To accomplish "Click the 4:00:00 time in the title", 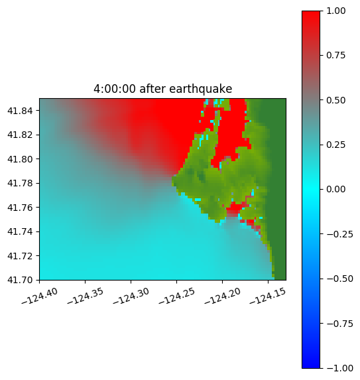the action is [x=115, y=89].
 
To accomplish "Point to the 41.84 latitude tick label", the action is [x=20, y=111].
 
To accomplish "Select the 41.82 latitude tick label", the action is [x=20, y=135].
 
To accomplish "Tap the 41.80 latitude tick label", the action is [x=20, y=159].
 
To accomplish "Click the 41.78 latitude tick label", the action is [x=20, y=183].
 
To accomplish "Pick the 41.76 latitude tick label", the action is [x=20, y=208].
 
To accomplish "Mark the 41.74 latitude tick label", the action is [x=20, y=231].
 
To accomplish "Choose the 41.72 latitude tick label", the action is [x=20, y=256].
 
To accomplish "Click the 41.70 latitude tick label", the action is [x=20, y=280].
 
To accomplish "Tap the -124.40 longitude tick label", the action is [x=40, y=296].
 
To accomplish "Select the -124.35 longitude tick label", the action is [x=86, y=296].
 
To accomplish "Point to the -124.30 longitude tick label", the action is [x=131, y=296].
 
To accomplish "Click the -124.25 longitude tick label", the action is [x=177, y=296].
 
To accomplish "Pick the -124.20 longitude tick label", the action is [x=223, y=296].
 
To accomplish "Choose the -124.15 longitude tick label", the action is [x=268, y=296].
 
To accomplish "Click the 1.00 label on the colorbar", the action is [x=336, y=11].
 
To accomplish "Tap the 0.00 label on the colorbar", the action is [x=336, y=189].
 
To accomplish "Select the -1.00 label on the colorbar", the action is [x=340, y=368].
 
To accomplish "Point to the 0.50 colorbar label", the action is [x=336, y=100].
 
